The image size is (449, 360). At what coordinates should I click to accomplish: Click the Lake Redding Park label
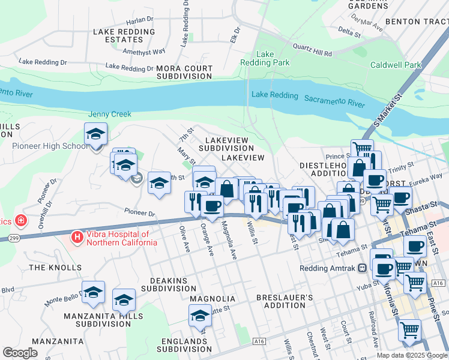point(265,58)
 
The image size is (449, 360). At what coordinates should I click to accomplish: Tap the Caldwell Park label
point(396,65)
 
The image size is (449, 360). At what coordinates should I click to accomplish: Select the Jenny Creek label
point(109,114)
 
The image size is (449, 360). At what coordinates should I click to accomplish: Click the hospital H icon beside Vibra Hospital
point(77,238)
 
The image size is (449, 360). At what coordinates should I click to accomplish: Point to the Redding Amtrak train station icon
point(362,268)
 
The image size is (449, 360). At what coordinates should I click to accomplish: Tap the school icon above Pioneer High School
point(95,135)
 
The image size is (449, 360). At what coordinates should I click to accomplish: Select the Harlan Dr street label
point(140,20)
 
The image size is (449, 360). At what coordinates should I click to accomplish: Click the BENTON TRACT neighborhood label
point(417,21)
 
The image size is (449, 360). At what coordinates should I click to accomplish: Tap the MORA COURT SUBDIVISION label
point(184,73)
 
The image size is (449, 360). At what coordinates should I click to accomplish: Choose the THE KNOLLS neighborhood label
point(55,267)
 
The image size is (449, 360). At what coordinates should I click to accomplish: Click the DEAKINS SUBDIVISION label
point(164,284)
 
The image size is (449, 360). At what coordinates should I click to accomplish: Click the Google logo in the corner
point(20,353)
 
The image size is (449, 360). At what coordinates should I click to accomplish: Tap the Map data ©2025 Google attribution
point(411,355)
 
